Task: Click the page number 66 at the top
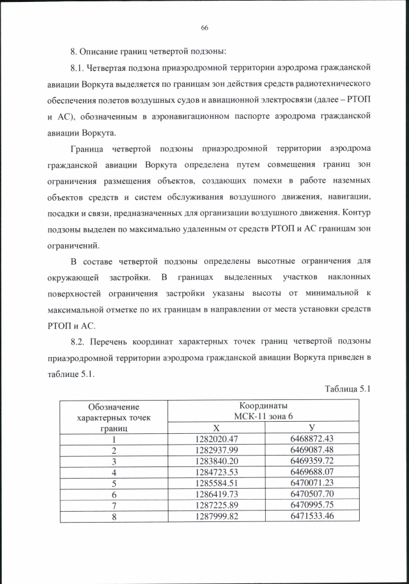click(204, 27)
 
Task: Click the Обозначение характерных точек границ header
click(114, 417)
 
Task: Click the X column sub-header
click(217, 429)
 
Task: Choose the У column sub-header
click(311, 429)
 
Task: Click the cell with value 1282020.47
click(217, 440)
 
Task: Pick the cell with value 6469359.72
click(311, 461)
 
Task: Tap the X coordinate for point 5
click(217, 483)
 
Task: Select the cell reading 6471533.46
click(311, 516)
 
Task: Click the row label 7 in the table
click(114, 505)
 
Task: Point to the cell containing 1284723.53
click(217, 472)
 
